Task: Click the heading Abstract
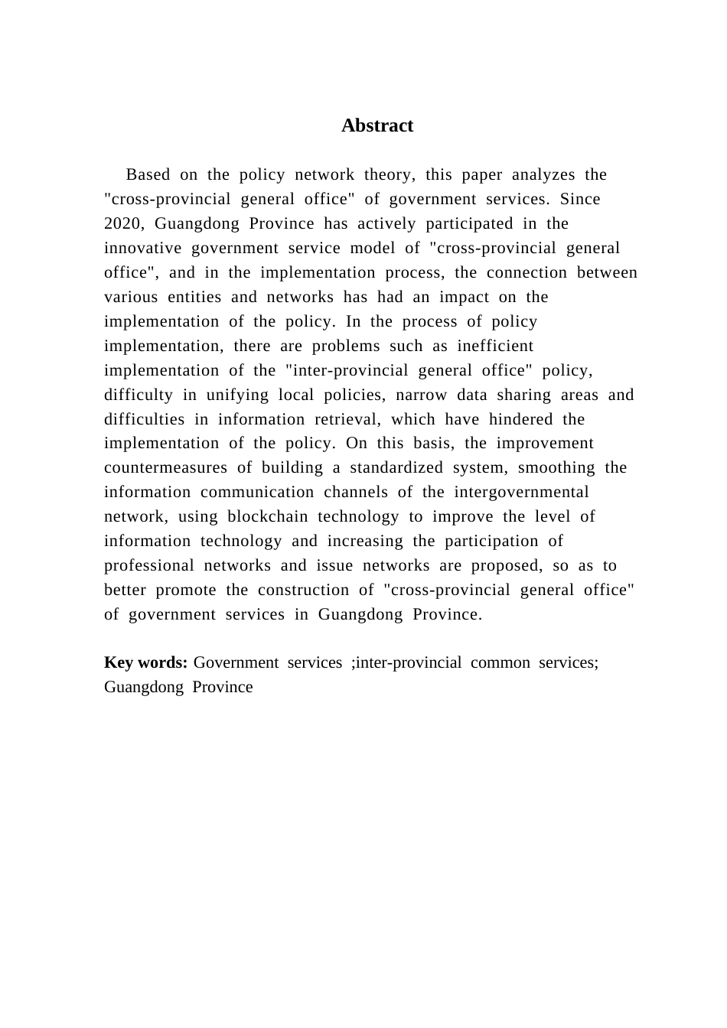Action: pyautogui.click(x=377, y=125)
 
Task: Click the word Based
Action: pyautogui.click(x=148, y=174)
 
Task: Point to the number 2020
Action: pyautogui.click(x=124, y=223)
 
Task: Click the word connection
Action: pyautogui.click(x=527, y=272)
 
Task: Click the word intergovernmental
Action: pyautogui.click(x=521, y=492)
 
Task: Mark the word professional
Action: pyautogui.click(x=149, y=565)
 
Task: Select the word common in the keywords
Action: pyautogui.click(x=500, y=662)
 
